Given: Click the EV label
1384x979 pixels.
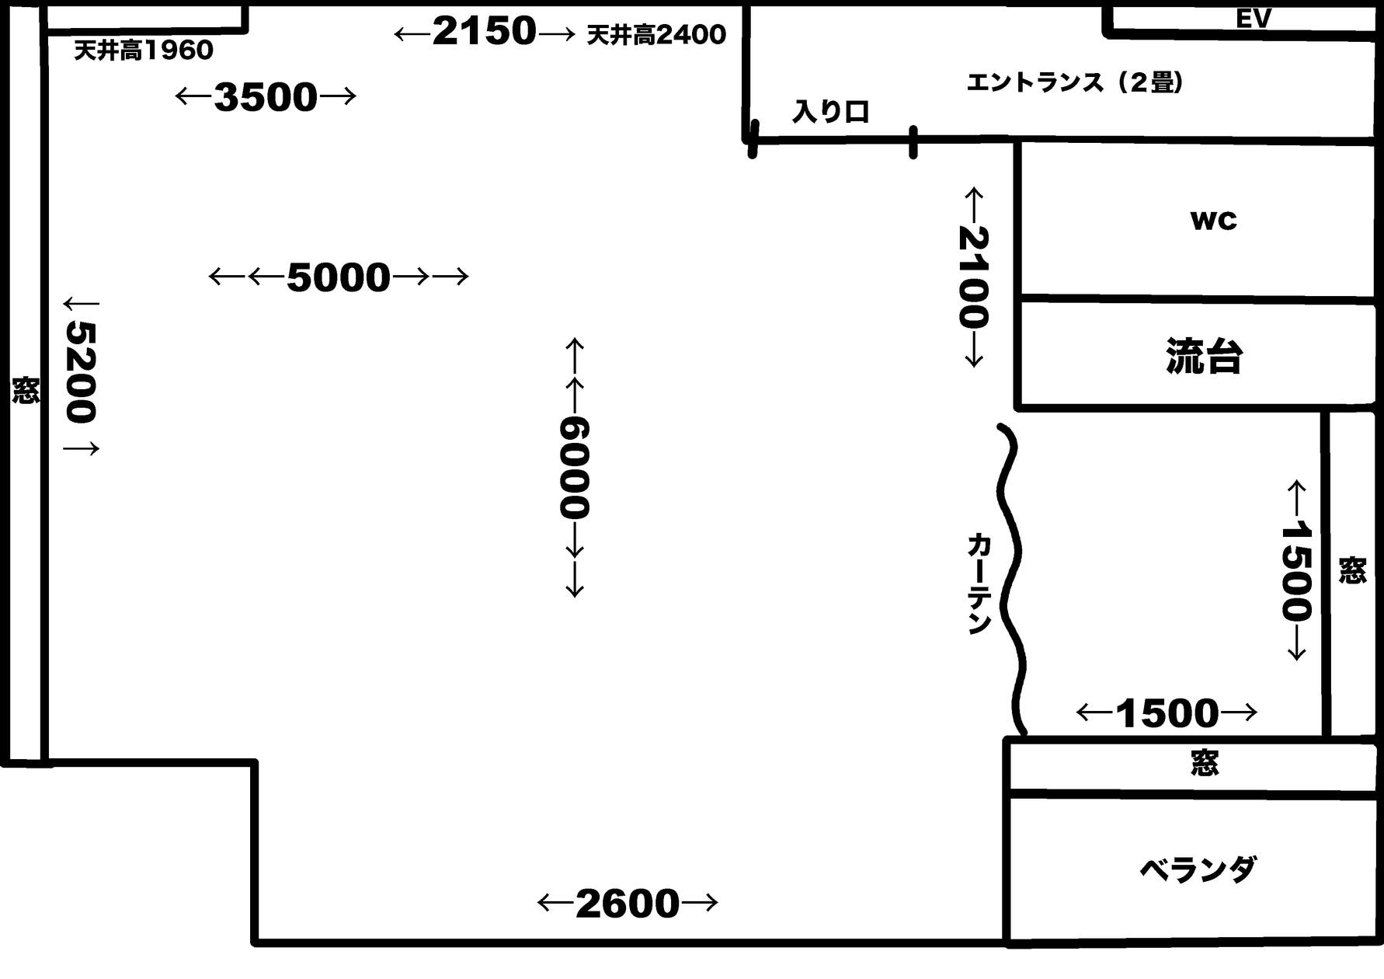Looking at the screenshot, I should (x=1253, y=18).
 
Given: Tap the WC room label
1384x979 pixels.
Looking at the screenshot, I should (x=1213, y=221).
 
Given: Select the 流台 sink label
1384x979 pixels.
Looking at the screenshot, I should (x=1204, y=357).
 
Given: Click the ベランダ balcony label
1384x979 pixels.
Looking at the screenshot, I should (x=1197, y=869).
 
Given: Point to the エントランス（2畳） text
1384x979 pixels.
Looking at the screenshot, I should (x=1075, y=82).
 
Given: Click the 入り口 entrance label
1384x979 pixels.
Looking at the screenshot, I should (x=830, y=112).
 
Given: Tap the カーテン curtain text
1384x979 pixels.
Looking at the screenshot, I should (x=979, y=584).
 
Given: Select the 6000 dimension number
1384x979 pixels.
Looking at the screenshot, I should (x=575, y=468).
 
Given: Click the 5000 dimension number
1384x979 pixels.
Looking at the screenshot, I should (x=339, y=277).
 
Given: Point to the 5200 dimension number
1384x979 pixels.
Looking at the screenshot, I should (x=81, y=373).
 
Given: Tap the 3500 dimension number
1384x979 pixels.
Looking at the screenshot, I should (x=266, y=97).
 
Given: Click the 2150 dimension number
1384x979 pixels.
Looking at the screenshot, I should (x=485, y=32).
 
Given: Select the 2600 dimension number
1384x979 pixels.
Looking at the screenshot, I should (x=628, y=904).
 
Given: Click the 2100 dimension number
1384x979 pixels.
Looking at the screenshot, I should (x=973, y=277).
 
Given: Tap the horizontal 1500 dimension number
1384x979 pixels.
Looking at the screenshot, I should (x=1167, y=713).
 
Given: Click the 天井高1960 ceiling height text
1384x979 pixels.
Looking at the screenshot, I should (x=144, y=51).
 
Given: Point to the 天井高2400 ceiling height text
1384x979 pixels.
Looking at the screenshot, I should (x=656, y=34).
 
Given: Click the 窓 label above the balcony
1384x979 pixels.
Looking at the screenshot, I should (x=1205, y=763).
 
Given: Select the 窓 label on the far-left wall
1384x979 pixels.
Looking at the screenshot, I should (x=25, y=390).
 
